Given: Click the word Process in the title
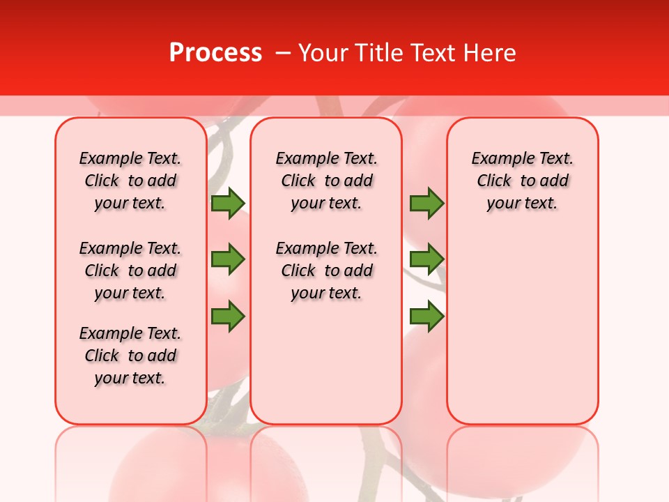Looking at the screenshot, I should [x=215, y=53].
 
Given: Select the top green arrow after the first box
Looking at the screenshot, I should [x=228, y=203].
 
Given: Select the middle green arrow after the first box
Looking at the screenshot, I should [x=228, y=259].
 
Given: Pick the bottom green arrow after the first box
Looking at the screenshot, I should [x=228, y=316].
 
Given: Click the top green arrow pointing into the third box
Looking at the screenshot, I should [x=426, y=203].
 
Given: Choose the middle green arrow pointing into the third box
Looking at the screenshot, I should [x=426, y=259].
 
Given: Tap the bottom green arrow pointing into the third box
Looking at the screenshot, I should [x=426, y=316].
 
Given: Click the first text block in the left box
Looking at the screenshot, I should [x=130, y=181].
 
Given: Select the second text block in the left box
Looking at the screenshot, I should [x=130, y=271].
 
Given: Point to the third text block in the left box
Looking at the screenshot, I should [x=130, y=356].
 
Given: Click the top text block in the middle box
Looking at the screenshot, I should [x=326, y=181].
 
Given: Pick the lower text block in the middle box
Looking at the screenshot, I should [x=326, y=271].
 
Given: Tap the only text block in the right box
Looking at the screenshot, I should [x=522, y=181].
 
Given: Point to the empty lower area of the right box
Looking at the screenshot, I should [x=522, y=321].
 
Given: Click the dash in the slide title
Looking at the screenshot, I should [x=283, y=53].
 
